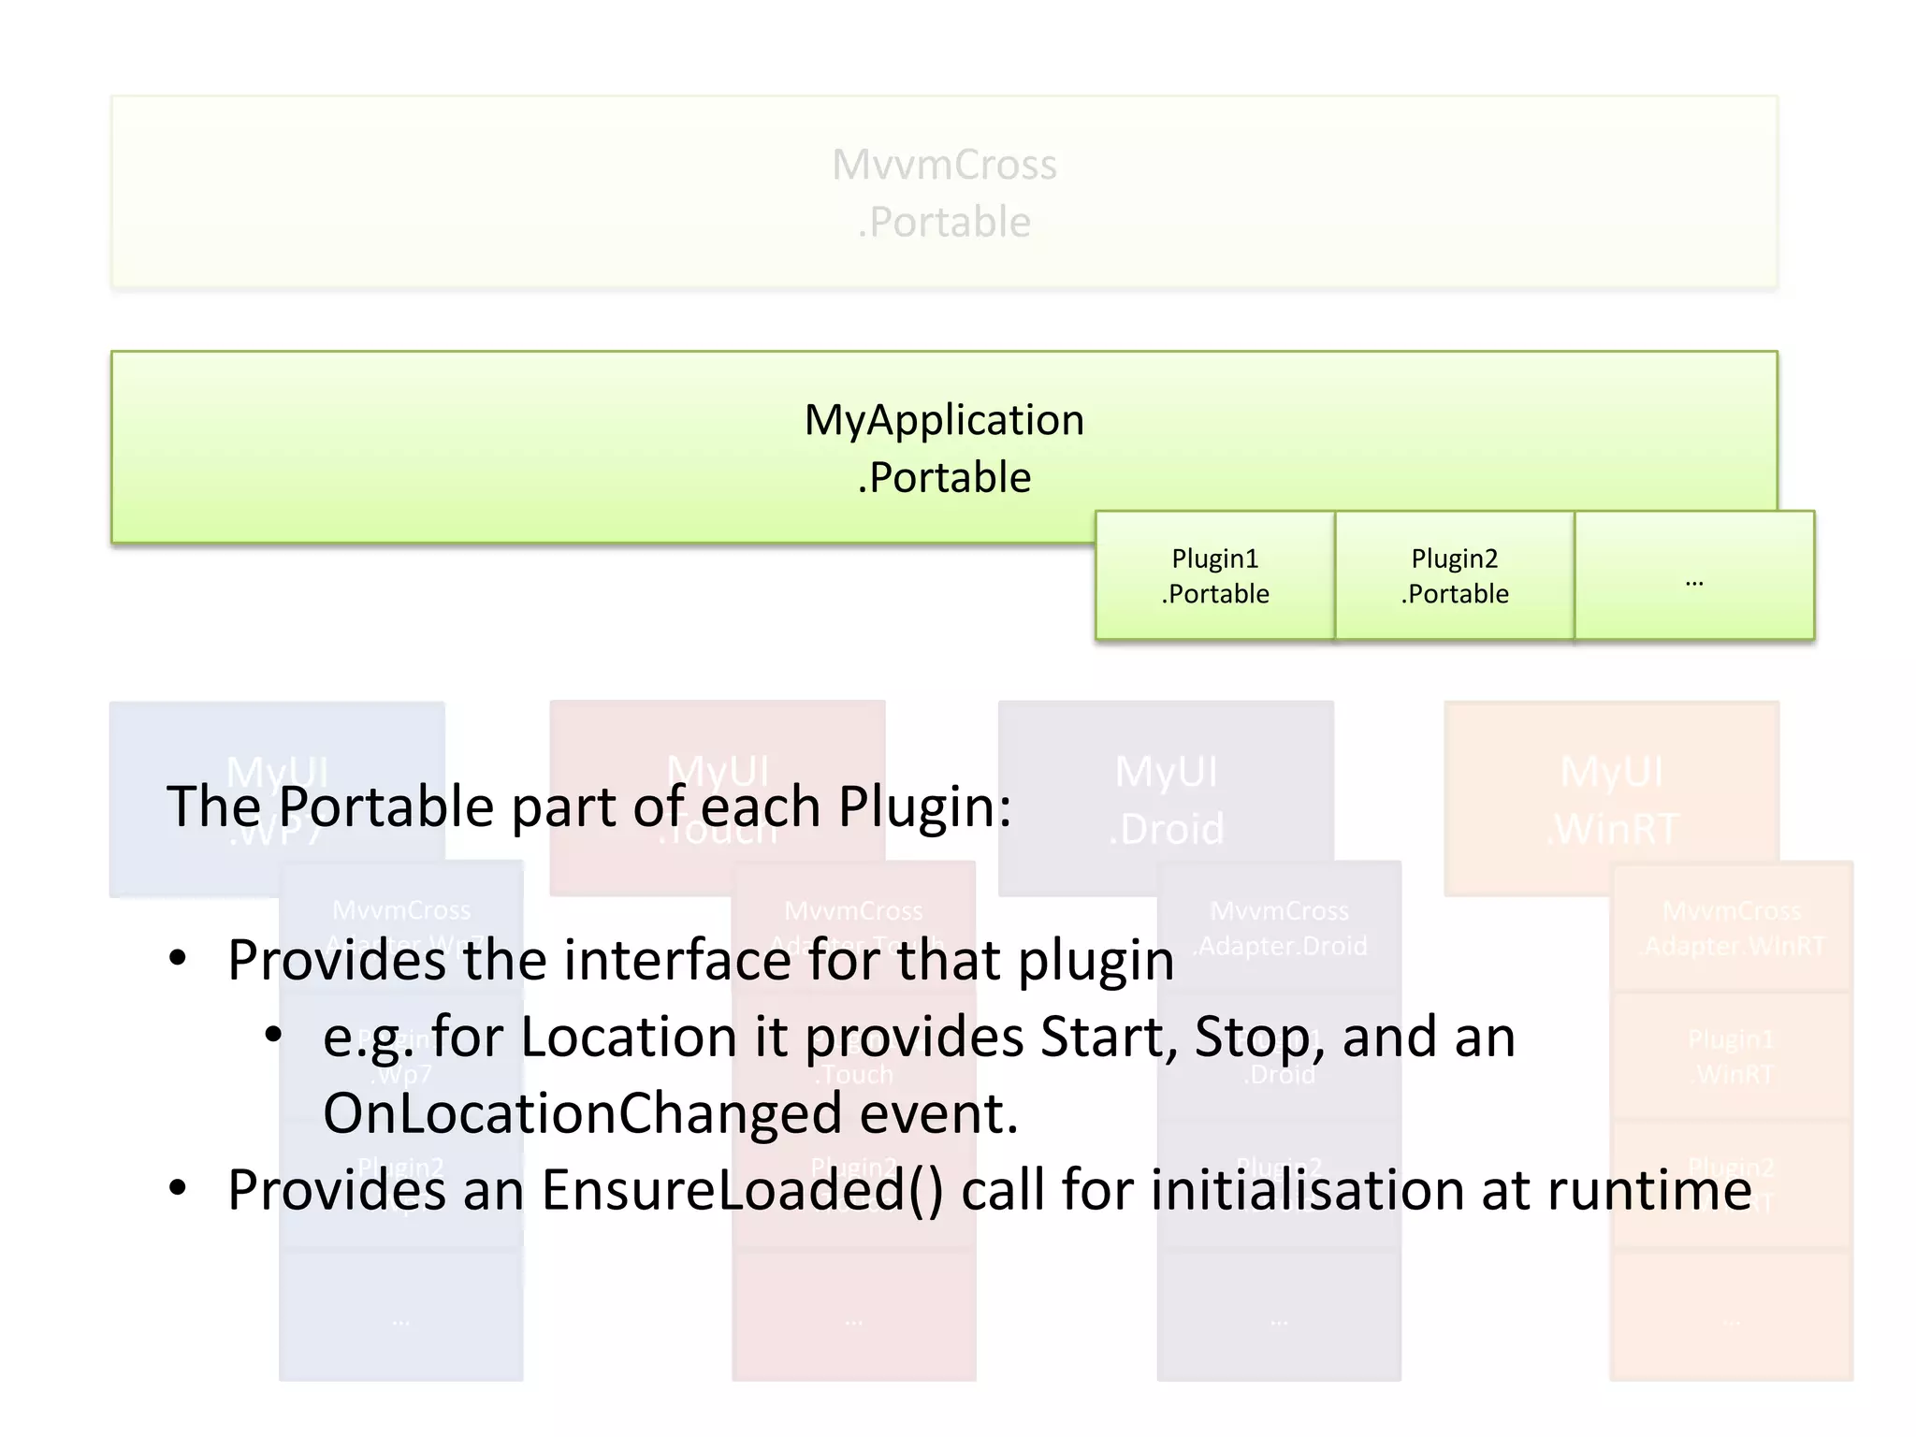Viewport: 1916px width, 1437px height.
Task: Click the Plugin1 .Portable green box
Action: click(x=1214, y=575)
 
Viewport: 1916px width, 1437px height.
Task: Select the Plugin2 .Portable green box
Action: click(x=1454, y=575)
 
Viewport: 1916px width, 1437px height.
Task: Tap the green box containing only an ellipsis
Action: click(x=1694, y=575)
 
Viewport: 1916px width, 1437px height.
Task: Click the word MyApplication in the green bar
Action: click(x=944, y=420)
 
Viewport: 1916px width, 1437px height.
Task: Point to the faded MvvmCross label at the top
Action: click(x=944, y=165)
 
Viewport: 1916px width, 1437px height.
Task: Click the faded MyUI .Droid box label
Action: click(x=1166, y=801)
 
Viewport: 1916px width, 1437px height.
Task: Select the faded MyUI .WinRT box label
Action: click(x=1611, y=801)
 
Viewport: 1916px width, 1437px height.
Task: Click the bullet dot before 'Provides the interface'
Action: click(x=178, y=958)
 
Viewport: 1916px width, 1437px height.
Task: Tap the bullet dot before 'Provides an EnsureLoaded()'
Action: click(x=178, y=1188)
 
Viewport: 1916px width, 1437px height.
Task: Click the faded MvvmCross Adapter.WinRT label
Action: click(x=1733, y=928)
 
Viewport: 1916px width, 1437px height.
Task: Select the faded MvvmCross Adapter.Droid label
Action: click(x=1280, y=928)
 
